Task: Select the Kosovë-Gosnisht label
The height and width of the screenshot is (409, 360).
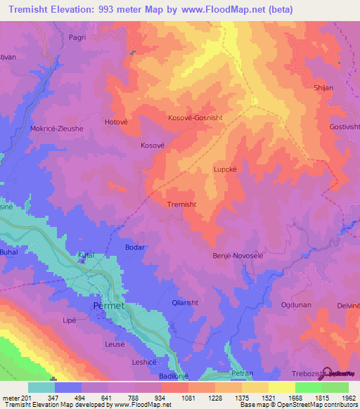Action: tap(195, 118)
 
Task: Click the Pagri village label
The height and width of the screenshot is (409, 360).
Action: tap(77, 37)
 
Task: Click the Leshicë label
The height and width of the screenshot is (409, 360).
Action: tap(146, 362)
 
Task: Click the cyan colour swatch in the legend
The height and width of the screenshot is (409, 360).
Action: tap(41, 387)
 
